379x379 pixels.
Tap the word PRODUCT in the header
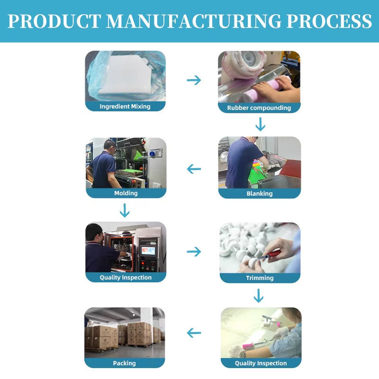54,22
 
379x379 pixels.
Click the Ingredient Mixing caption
125,107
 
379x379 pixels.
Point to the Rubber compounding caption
259,108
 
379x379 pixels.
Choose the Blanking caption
260,193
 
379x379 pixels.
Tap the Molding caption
126,193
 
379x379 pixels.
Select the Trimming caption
260,278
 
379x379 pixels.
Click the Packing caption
125,363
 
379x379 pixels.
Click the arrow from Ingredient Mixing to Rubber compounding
194,80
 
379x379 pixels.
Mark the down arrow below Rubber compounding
260,125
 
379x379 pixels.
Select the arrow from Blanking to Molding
194,169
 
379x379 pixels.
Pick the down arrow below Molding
125,210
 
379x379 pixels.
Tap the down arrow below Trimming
258,296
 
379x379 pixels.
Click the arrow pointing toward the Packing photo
194,333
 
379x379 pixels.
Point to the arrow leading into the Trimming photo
194,251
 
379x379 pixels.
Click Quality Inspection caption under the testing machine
126,278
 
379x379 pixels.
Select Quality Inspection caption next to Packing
261,363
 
